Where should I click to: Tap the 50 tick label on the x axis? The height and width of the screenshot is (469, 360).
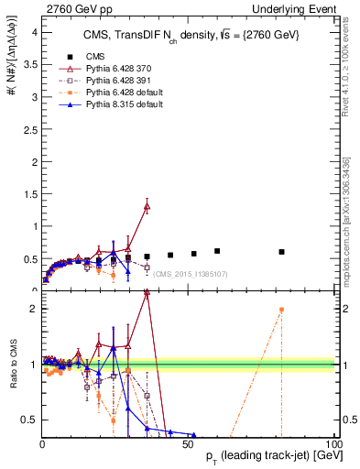188,443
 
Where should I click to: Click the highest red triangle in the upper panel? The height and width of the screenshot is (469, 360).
147,206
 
